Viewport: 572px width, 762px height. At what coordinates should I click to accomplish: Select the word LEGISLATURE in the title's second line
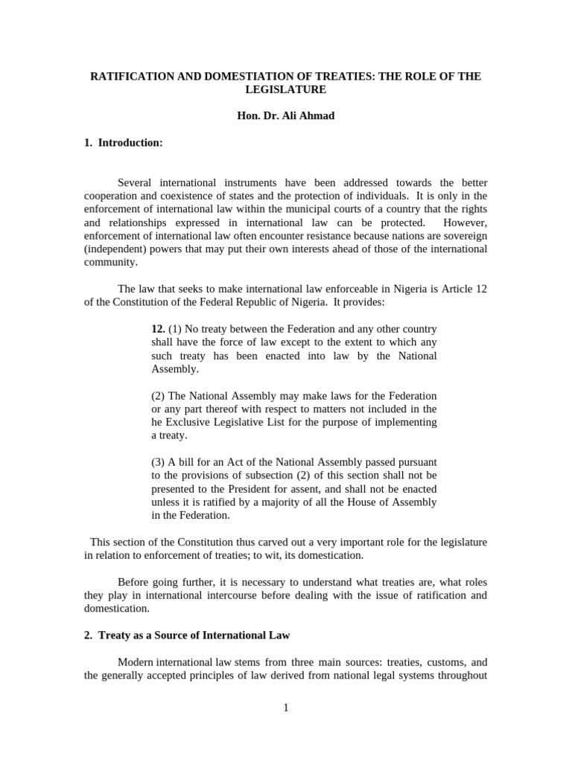[286, 89]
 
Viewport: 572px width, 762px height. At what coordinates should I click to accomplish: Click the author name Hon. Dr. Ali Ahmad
[286, 116]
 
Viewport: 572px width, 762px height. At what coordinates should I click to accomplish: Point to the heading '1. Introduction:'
[123, 143]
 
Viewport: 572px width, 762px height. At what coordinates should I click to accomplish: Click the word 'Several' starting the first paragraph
[137, 183]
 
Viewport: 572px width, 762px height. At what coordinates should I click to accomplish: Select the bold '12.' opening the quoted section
[158, 329]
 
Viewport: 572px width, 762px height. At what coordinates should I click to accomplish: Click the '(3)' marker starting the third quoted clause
[159, 462]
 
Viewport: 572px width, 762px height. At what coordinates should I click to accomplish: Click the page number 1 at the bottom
[286, 708]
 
